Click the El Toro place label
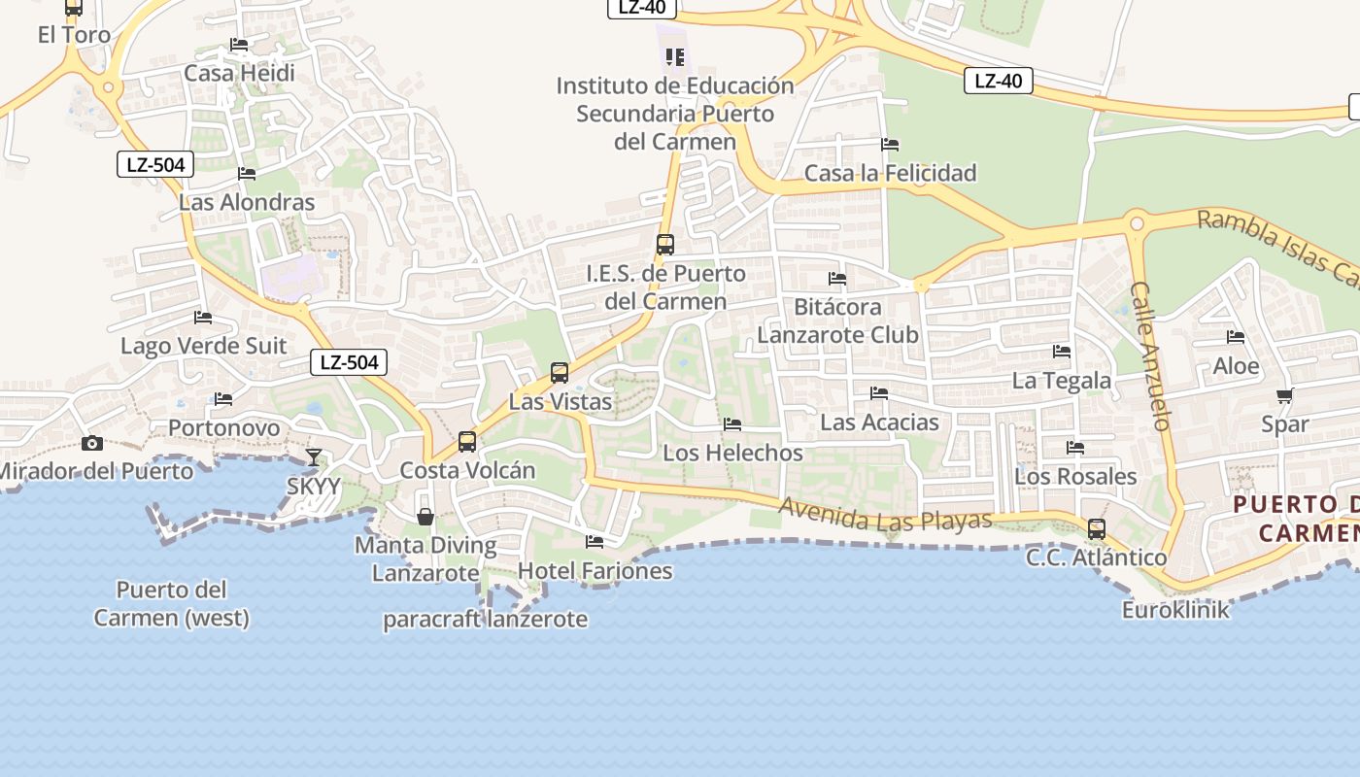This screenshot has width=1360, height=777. pyautogui.click(x=74, y=35)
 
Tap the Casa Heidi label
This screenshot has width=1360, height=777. pyautogui.click(x=239, y=73)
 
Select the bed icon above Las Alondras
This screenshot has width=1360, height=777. pyautogui.click(x=247, y=174)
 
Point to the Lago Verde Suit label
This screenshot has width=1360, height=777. pyautogui.click(x=203, y=346)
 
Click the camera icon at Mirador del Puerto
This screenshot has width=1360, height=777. pyautogui.click(x=92, y=443)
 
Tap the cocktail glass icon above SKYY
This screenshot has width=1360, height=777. pyautogui.click(x=314, y=456)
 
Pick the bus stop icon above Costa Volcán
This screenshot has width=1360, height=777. pyautogui.click(x=467, y=442)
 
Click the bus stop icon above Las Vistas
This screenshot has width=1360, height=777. pyautogui.click(x=560, y=373)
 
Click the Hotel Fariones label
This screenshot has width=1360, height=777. pyautogui.click(x=595, y=570)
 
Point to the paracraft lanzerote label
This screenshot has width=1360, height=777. pyautogui.click(x=485, y=619)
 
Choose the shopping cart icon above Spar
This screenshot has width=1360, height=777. pyautogui.click(x=1284, y=395)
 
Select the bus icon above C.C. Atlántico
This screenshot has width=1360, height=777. pyautogui.click(x=1097, y=529)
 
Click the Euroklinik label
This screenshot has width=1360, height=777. pyautogui.click(x=1175, y=610)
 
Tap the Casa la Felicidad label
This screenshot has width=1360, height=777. pyautogui.click(x=890, y=173)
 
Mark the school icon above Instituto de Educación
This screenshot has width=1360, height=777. pyautogui.click(x=675, y=57)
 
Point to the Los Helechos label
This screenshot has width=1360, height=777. pyautogui.click(x=732, y=453)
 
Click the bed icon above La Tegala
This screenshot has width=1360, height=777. pyautogui.click(x=1062, y=352)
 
